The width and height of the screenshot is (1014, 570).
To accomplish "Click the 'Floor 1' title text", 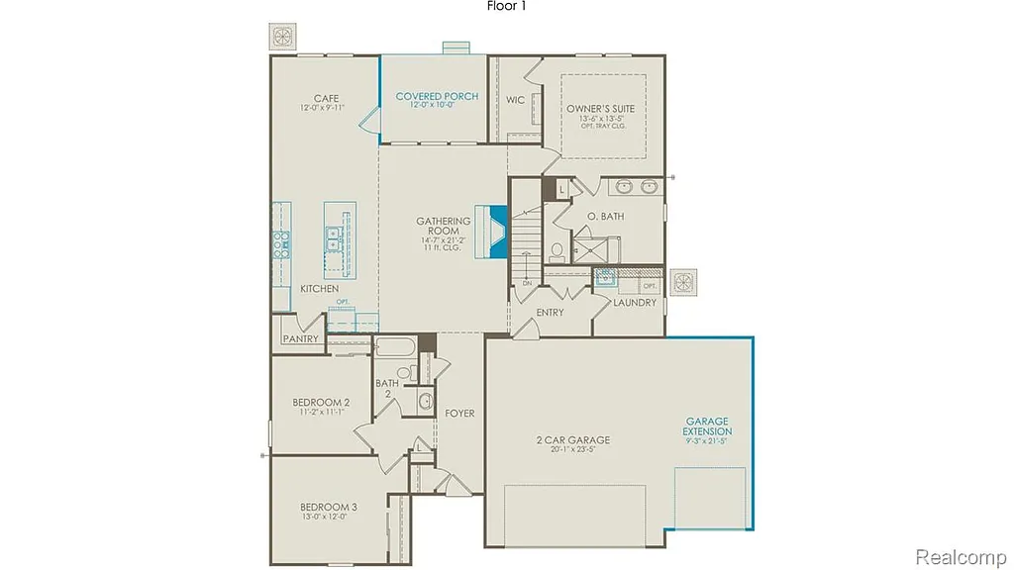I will [507, 7].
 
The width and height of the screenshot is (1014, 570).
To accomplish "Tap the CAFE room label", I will [326, 99].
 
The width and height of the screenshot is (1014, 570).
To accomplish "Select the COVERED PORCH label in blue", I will [437, 97].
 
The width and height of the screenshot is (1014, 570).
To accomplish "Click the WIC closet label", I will [515, 100].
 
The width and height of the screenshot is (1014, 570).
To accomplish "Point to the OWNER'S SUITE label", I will [600, 109].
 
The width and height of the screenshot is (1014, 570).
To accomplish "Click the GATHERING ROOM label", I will [443, 226].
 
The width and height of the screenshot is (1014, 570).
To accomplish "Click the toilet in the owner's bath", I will [558, 250].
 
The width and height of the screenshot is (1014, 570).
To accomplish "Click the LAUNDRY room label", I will [634, 303].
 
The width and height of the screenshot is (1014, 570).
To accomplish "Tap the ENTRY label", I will [550, 313].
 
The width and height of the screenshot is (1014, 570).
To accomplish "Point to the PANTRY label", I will [300, 339].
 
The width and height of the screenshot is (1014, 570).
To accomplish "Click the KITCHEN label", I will [319, 289].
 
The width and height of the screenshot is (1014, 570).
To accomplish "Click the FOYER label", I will [459, 413].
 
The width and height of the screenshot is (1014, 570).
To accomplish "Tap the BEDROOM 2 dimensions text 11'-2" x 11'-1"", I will [320, 414].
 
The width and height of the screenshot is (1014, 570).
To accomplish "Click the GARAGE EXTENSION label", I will [707, 427].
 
